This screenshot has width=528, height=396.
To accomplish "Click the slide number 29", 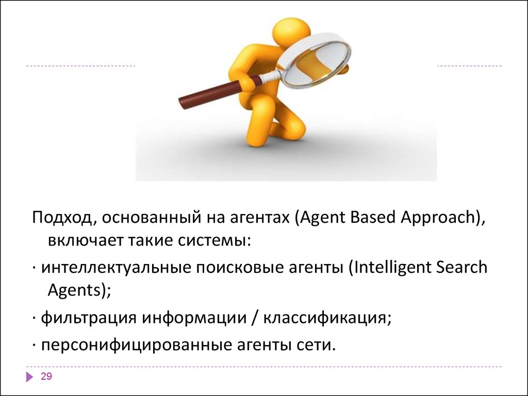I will click(x=46, y=377).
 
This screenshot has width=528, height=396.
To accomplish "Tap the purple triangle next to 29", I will click(x=29, y=377).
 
